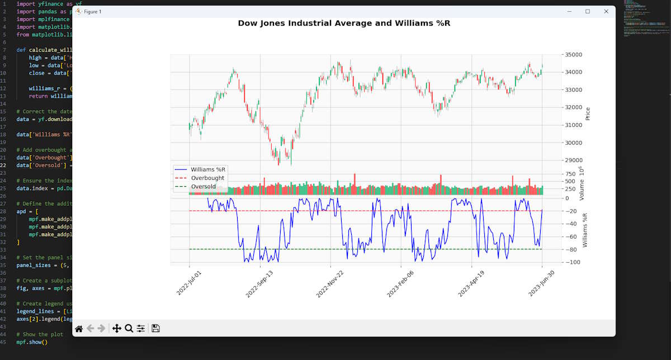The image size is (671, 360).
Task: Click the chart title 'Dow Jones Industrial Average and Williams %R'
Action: coord(343,23)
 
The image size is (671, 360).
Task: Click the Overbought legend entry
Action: coord(207,178)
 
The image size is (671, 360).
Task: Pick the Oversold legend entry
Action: coord(204,187)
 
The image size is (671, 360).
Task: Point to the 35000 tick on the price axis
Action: coord(574,55)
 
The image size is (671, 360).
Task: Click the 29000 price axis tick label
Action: coord(574,160)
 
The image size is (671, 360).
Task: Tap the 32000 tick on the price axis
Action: coord(574,107)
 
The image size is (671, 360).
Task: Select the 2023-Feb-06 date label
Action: coord(400,284)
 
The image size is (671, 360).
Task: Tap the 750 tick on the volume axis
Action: coord(571,174)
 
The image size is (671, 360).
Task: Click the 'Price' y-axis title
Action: coord(587,114)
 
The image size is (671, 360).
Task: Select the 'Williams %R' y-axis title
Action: coord(585,230)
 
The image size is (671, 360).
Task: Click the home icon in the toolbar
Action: coord(79,329)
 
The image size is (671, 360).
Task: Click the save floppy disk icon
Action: coord(155,329)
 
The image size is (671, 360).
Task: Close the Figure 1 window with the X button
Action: coord(606,11)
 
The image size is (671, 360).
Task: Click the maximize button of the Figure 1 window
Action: coord(587,11)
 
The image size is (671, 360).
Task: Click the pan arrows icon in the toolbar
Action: coord(116,329)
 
